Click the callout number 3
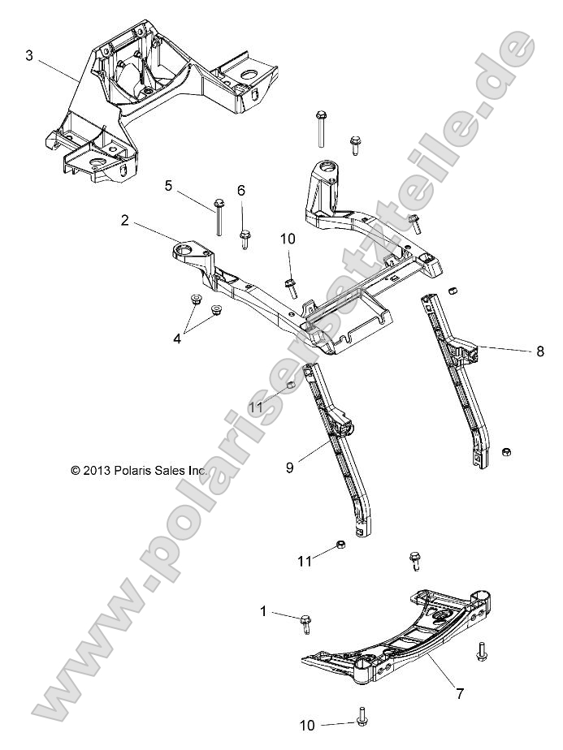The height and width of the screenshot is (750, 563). point(29,55)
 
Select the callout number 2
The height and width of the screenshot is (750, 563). point(125,220)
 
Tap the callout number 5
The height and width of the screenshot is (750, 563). point(168,185)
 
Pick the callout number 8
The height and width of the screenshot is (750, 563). point(539,351)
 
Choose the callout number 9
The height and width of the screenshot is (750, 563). point(289,468)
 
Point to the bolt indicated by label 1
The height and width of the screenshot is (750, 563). point(306,623)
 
